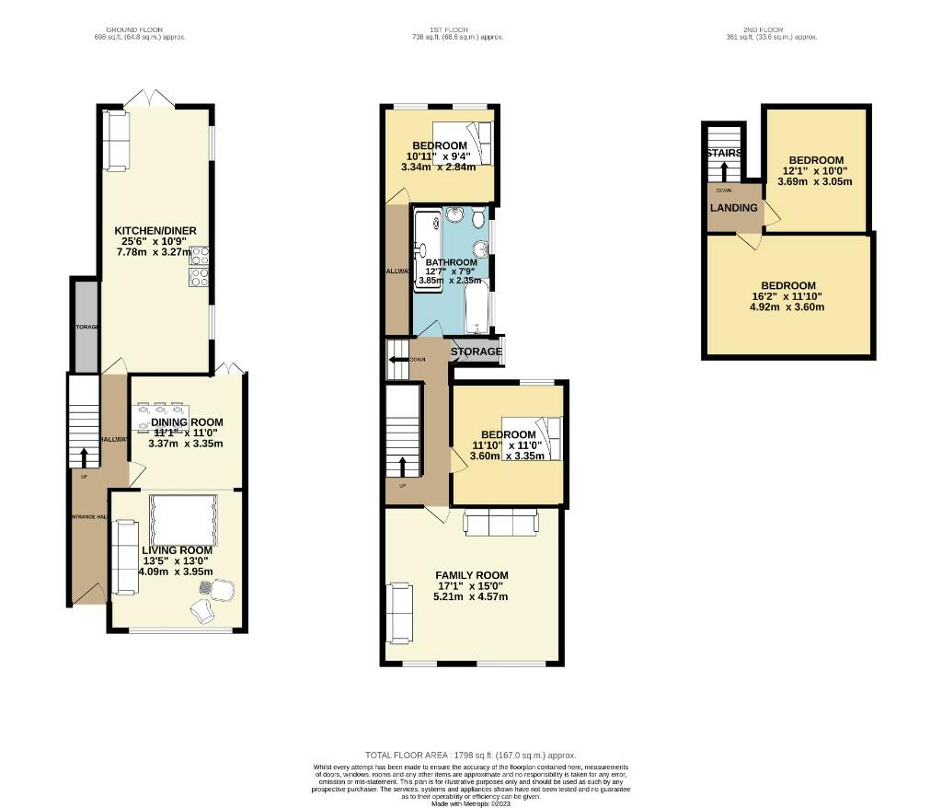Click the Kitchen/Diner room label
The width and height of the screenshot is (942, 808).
[155, 230]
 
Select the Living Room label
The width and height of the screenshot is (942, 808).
[177, 550]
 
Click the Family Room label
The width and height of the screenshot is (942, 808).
[471, 575]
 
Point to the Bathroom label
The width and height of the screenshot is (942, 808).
[451, 262]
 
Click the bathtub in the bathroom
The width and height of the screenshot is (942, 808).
[477, 313]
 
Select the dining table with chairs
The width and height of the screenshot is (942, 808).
[160, 417]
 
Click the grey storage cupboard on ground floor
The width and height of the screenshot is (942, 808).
[86, 327]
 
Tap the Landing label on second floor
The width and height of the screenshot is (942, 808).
[734, 208]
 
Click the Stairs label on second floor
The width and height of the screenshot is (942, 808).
[724, 154]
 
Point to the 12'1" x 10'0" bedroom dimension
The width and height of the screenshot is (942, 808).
[816, 170]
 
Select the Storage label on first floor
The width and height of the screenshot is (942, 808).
[476, 352]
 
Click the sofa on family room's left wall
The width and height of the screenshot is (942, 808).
[400, 613]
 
